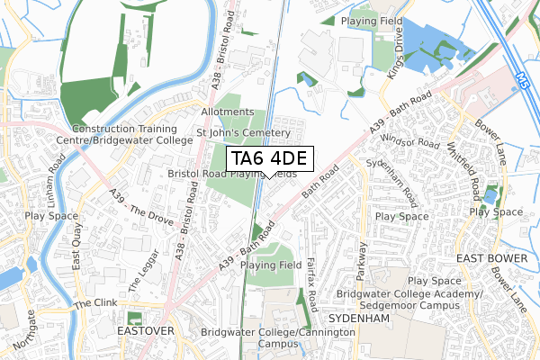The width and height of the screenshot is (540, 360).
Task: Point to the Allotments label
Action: (222, 112)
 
